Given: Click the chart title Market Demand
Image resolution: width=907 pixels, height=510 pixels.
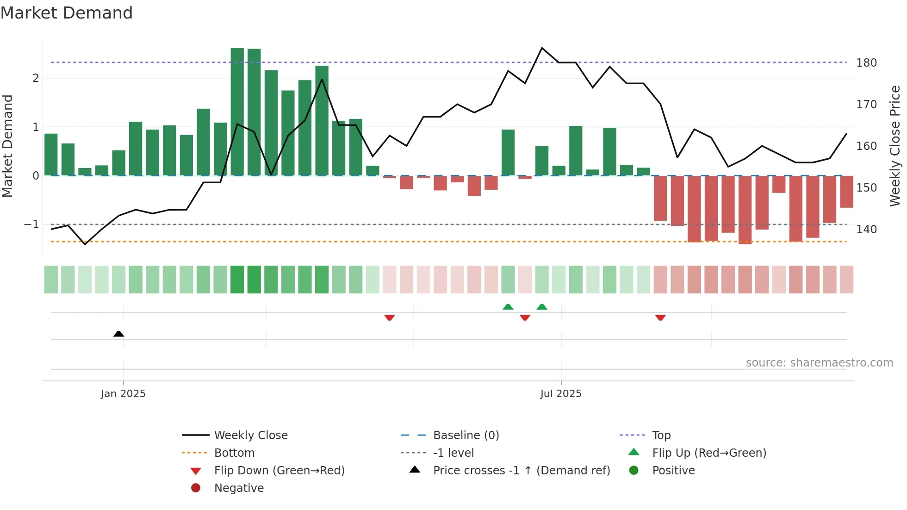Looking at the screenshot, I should click(67, 13).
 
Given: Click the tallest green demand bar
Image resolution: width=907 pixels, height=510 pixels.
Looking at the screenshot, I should click(237, 111).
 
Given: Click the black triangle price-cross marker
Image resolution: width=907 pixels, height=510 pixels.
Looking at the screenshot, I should click(118, 334).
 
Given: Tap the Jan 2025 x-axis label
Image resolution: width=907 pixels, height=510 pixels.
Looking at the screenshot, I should click(123, 393).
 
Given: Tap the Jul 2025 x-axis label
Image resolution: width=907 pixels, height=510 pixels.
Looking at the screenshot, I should click(561, 393).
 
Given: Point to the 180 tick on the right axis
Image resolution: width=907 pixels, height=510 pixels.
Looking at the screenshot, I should click(866, 63).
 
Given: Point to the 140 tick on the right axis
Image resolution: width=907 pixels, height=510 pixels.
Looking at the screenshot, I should click(866, 230).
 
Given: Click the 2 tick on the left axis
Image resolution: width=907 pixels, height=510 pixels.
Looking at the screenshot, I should click(36, 78).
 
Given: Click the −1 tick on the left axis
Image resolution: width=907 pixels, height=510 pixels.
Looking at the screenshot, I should click(32, 224).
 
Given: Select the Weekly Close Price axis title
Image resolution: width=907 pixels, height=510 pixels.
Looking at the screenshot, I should click(895, 146).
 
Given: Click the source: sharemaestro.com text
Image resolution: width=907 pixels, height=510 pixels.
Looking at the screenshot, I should click(819, 363).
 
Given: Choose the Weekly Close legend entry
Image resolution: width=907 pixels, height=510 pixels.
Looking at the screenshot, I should click(250, 435).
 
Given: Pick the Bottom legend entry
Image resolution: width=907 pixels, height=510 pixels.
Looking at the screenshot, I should click(234, 453).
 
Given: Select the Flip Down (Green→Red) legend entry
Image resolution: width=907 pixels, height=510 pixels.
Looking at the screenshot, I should click(279, 470).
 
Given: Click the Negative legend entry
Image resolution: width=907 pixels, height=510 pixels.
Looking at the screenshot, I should click(239, 488).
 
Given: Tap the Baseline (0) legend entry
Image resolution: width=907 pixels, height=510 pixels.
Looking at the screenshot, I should click(466, 435).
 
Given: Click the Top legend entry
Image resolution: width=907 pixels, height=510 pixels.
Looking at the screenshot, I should click(661, 435).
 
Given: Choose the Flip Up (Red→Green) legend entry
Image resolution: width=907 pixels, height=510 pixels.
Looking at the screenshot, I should click(709, 453).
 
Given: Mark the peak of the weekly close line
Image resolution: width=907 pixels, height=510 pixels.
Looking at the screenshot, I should click(542, 48).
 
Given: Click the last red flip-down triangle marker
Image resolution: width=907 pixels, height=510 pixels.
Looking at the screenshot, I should click(660, 317).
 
